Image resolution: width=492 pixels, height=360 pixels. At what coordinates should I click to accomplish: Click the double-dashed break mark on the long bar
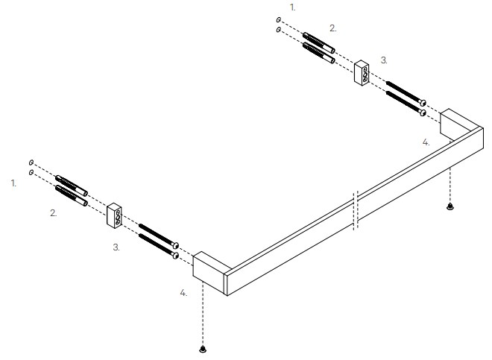(x=356, y=211)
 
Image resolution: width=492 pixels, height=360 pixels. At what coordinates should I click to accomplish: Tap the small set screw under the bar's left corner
(x=203, y=348)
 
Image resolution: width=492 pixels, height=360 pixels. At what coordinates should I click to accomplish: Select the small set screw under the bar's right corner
(x=450, y=206)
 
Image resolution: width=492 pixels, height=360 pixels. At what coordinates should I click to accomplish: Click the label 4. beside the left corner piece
(x=183, y=293)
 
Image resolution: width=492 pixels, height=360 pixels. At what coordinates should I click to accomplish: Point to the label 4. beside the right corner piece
(x=426, y=142)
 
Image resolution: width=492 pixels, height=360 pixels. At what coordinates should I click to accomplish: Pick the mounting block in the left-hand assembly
(x=114, y=215)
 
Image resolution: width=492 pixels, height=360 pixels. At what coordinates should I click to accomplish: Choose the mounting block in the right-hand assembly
(x=362, y=73)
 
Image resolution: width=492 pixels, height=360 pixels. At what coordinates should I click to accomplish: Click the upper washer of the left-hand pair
(x=31, y=162)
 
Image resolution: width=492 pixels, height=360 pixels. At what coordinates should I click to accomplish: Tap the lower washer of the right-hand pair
(x=279, y=30)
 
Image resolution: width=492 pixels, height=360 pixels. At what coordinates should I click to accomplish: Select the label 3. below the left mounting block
(x=116, y=247)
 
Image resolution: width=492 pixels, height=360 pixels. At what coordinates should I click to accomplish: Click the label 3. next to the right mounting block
(x=384, y=60)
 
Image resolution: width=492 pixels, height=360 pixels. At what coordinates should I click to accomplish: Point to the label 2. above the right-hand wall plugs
(x=333, y=28)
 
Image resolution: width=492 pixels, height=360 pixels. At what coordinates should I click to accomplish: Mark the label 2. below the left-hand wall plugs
(x=54, y=213)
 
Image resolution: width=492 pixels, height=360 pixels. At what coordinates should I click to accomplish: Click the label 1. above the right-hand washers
(x=293, y=7)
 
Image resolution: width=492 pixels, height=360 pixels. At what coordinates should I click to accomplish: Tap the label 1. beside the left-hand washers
(x=13, y=183)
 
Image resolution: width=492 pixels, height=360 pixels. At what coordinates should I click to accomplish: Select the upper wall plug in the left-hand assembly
(x=72, y=186)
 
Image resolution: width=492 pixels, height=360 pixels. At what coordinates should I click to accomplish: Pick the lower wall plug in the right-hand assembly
(x=319, y=53)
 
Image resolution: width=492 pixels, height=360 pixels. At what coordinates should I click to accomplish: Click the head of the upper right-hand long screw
(x=423, y=102)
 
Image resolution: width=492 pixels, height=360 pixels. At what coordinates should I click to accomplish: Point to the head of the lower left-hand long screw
(x=175, y=256)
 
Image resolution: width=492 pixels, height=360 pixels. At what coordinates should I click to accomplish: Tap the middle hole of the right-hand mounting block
(x=365, y=75)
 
